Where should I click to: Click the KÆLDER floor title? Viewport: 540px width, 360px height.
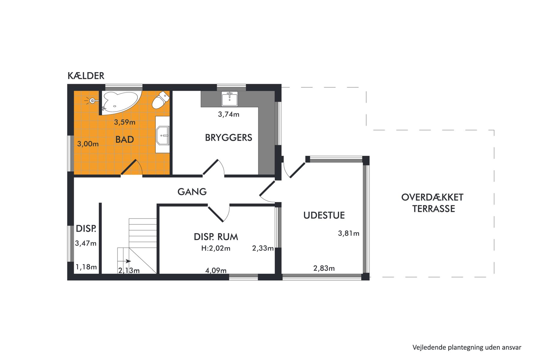point(86,76)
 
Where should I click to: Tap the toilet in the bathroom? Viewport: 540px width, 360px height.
point(161,100)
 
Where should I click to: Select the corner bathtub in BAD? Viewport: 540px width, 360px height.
point(120,102)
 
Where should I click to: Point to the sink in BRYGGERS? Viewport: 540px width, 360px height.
point(229,99)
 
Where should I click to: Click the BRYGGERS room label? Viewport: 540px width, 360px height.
point(229,138)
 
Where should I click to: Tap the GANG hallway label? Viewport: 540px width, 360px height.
point(192,192)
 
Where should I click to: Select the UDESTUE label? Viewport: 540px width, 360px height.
point(324,215)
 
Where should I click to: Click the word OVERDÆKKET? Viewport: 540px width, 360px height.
point(432,197)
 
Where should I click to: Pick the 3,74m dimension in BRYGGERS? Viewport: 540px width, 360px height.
point(229,114)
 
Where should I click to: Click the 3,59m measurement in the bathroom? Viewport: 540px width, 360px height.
point(124,122)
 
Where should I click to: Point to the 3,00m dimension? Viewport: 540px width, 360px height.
point(88,144)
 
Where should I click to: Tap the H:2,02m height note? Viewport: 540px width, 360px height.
point(216,248)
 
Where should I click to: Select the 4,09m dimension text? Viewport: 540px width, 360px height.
point(216,271)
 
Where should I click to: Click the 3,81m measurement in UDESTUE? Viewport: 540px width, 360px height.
point(349,233)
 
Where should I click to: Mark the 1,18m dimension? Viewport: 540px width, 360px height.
point(86,267)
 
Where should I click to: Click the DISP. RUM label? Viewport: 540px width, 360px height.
point(216,237)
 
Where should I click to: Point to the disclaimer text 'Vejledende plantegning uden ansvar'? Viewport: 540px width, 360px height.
point(467,347)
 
